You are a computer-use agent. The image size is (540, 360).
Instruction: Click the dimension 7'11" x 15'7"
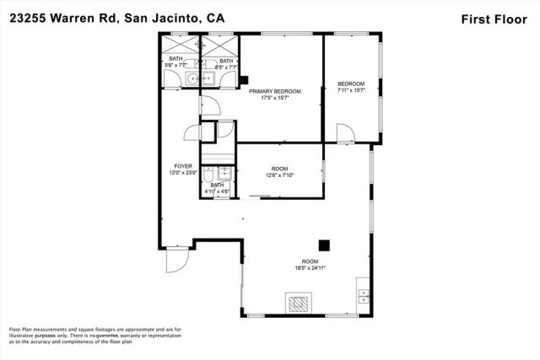(351, 90)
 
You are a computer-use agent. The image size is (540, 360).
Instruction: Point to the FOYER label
(183, 166)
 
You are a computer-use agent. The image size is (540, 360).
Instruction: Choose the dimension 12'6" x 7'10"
(278, 175)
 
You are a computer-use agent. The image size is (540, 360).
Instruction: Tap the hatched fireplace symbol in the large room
(299, 304)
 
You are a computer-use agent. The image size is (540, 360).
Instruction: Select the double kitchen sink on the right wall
(364, 295)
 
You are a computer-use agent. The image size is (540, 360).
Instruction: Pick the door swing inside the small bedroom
(345, 133)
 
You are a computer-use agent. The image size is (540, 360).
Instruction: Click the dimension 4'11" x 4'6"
(217, 192)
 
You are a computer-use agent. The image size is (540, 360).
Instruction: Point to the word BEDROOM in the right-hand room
(351, 83)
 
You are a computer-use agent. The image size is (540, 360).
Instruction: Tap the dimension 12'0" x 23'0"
(184, 174)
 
